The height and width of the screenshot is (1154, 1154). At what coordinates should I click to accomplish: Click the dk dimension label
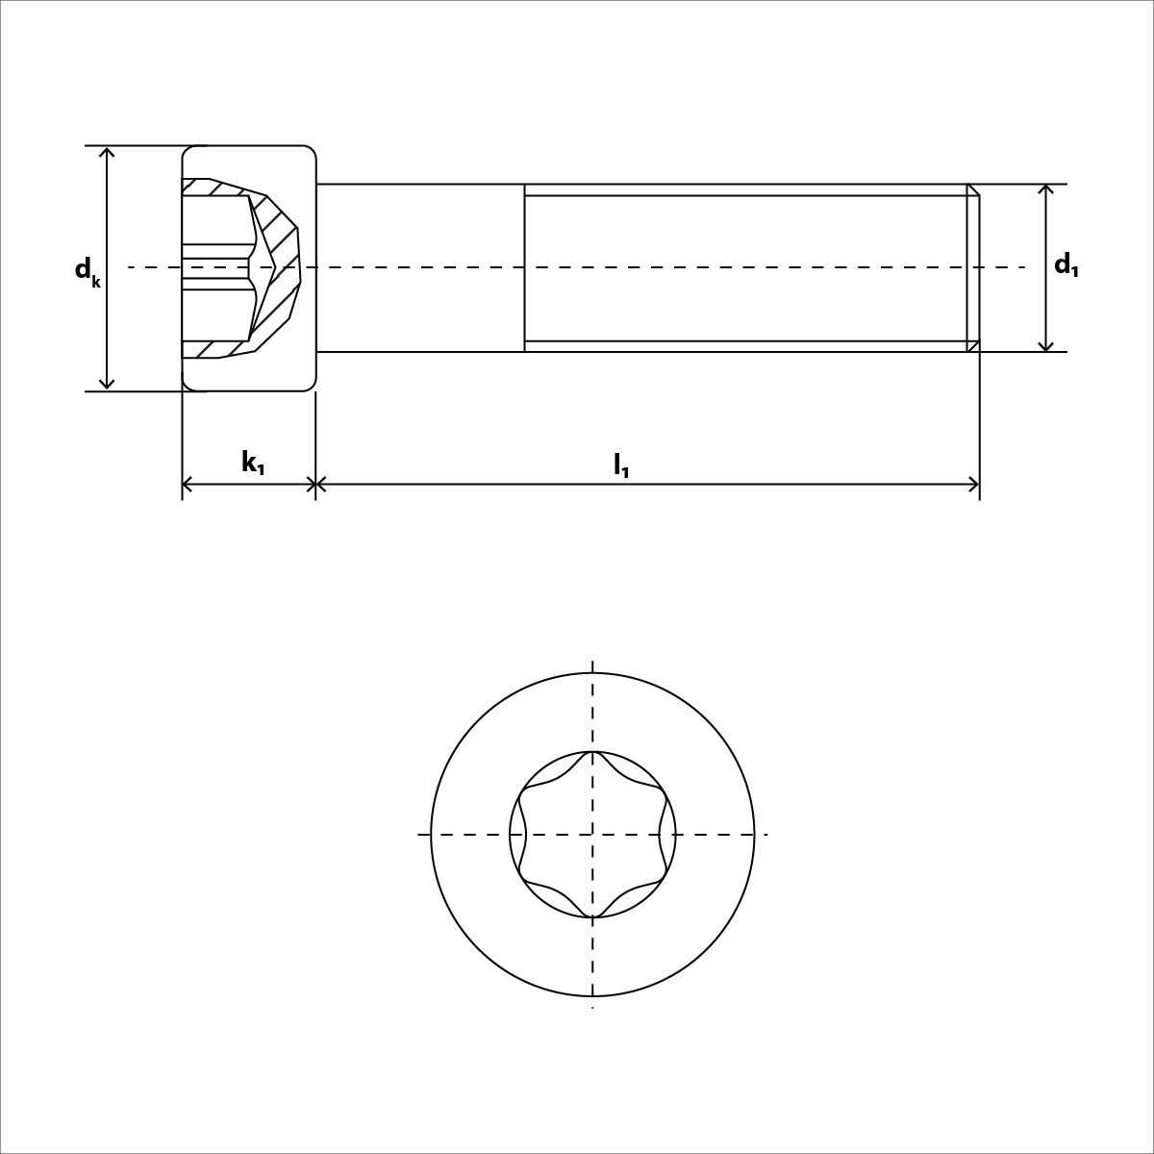click(x=87, y=271)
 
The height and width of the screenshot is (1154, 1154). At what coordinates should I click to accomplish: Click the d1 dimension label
click(x=1066, y=265)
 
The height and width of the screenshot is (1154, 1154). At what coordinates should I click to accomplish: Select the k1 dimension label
click(x=253, y=464)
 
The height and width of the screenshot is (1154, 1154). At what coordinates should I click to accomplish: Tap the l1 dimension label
click(x=621, y=465)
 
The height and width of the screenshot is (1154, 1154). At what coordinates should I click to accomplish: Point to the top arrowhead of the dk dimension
click(x=108, y=152)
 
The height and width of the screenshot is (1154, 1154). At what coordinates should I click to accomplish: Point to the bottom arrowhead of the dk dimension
click(x=108, y=385)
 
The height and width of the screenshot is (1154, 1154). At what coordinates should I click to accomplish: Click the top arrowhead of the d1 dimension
click(x=1046, y=189)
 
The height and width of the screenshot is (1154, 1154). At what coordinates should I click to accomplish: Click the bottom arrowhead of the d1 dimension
click(x=1046, y=346)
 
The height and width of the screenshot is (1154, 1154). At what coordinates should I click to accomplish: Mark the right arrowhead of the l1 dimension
click(x=974, y=485)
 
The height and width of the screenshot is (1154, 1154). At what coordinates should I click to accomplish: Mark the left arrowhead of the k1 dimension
click(x=188, y=485)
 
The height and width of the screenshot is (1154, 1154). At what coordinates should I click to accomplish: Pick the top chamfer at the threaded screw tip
click(x=973, y=189)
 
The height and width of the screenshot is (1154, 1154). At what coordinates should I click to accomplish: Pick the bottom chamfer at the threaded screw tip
click(x=973, y=345)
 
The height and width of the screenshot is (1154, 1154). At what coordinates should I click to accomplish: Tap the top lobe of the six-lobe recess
click(x=593, y=755)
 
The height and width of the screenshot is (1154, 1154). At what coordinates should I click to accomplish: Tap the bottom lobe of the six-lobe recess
click(x=593, y=914)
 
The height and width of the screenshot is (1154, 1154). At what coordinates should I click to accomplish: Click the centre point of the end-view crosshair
click(x=592, y=834)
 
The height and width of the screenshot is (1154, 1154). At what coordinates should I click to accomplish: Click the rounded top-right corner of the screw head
click(x=310, y=152)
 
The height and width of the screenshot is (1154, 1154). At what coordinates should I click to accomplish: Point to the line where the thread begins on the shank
click(x=524, y=267)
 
